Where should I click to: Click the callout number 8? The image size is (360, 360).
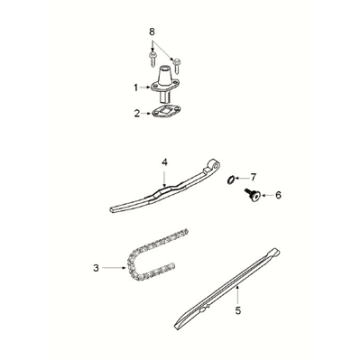coord(152,32)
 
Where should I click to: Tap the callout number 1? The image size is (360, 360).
coord(136,88)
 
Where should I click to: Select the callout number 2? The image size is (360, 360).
coord(137,113)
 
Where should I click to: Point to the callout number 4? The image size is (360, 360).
coord(164,162)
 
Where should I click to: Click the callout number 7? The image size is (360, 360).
coord(253,177)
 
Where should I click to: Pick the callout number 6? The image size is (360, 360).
coord(278,195)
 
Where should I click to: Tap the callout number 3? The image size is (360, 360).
coord(96,268)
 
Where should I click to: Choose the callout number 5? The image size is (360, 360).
coord(238,310)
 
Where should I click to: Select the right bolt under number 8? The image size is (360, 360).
coord(177,65)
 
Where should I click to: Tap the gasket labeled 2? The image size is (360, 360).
coord(166,111)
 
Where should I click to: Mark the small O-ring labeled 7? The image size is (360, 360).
coord(230,180)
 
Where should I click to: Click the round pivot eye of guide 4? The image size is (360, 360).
coord(213,165)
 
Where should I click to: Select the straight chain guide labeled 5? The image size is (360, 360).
coord(227,289)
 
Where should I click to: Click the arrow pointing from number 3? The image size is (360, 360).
coord(114,267)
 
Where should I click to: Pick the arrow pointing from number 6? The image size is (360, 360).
coord(267,195)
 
